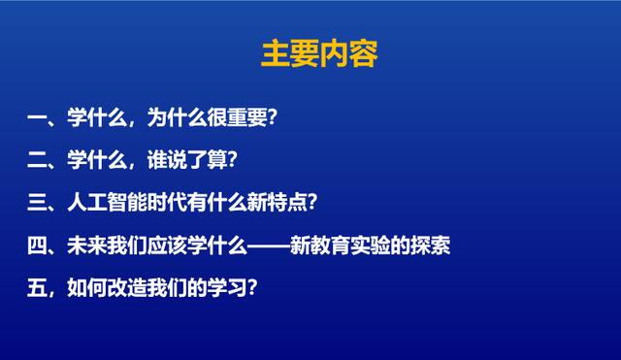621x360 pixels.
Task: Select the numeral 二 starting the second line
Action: click(38, 161)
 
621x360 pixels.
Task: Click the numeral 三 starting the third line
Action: click(38, 203)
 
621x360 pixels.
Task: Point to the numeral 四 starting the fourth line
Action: click(38, 245)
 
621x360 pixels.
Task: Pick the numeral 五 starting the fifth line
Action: click(38, 288)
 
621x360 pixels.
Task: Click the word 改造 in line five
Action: click(126, 288)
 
